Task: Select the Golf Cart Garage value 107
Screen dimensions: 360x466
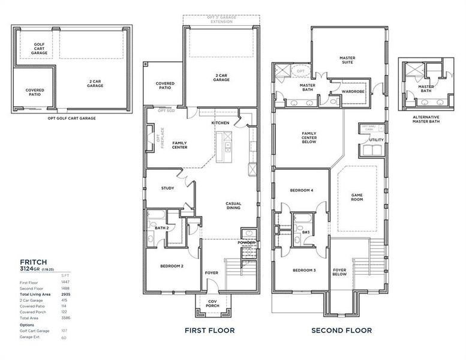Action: pos(65,331)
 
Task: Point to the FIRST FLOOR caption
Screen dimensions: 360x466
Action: pos(210,330)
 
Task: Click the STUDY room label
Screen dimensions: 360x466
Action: pos(167,188)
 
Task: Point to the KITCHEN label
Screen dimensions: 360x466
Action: pos(220,123)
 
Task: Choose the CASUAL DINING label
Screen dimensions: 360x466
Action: pos(233,205)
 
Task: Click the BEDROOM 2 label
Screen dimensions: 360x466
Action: pos(172,266)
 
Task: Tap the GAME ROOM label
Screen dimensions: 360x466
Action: pos(357,197)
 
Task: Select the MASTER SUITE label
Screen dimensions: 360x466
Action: pos(347,61)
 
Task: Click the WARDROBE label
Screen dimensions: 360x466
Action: pos(353,92)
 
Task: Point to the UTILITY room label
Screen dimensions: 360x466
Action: pos(377,140)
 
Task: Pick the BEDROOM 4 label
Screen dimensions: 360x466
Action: pos(302,190)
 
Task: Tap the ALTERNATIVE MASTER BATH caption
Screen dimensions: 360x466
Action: pos(426,119)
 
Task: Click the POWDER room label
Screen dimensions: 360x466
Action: pos(246,242)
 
